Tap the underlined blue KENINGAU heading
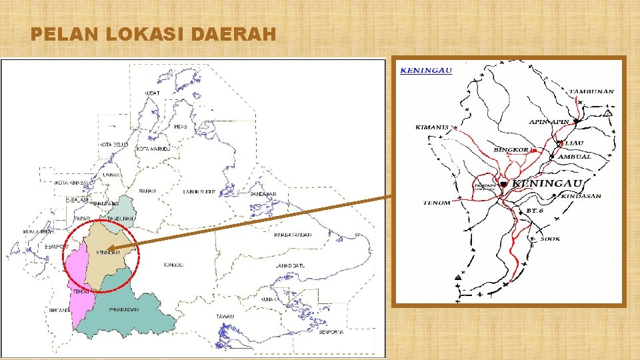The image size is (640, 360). click(x=426, y=69)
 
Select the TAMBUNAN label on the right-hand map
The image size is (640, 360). click(x=591, y=91)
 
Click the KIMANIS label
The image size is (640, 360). click(x=431, y=127)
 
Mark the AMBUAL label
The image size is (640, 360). click(x=575, y=157)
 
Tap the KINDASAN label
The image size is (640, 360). click(x=582, y=196)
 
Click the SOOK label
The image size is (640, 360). click(x=551, y=238)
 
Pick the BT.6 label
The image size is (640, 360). click(x=536, y=210)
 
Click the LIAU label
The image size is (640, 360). click(x=574, y=143)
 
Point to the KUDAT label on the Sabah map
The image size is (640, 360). click(x=151, y=93)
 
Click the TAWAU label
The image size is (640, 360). click(x=224, y=316)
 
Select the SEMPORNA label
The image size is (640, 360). click(x=331, y=332)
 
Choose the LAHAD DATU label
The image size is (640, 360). click(x=290, y=266)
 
